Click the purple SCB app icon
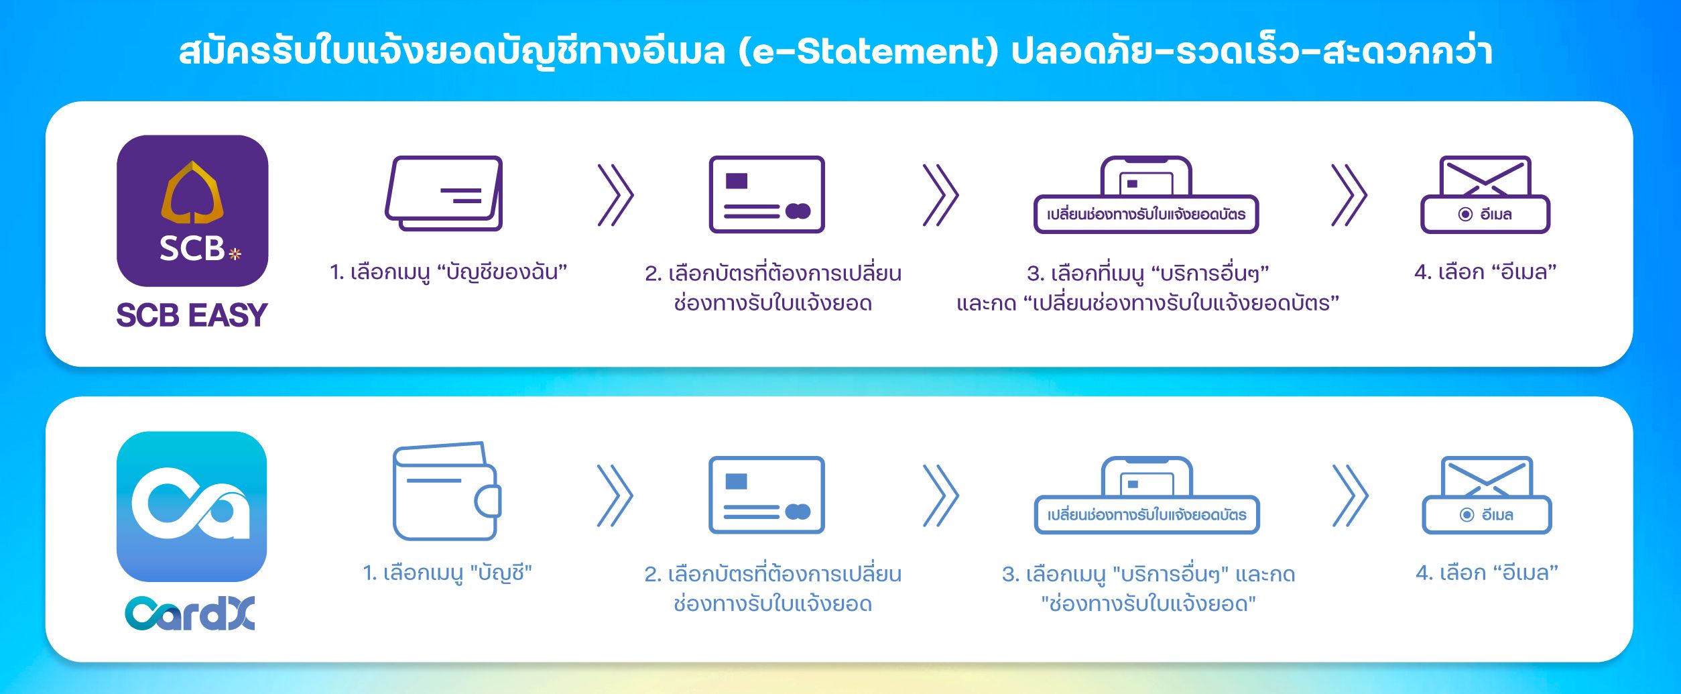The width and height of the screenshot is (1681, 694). click(x=192, y=211)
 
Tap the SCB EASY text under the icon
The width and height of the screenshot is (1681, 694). click(x=192, y=315)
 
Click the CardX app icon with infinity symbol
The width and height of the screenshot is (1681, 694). click(x=192, y=506)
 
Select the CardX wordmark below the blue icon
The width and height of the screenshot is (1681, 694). click(x=190, y=614)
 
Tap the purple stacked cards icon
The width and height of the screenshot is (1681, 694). click(x=444, y=194)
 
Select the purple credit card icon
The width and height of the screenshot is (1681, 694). click(x=767, y=194)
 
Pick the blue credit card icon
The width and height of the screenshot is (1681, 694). click(x=767, y=495)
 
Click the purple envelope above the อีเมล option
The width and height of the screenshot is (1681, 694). click(x=1485, y=176)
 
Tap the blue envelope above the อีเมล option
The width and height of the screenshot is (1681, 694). click(x=1487, y=476)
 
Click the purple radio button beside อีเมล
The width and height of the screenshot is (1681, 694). click(x=1465, y=215)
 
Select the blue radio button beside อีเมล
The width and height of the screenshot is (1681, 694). click(x=1467, y=515)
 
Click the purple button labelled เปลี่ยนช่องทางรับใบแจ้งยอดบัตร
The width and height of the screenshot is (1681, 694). click(x=1146, y=215)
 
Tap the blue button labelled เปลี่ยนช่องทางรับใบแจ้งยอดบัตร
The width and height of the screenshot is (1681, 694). click(x=1147, y=515)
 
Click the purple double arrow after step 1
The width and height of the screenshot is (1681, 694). click(x=615, y=195)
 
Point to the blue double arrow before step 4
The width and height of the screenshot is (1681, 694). click(x=1350, y=496)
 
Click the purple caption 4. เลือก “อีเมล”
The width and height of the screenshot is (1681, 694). click(x=1485, y=272)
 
